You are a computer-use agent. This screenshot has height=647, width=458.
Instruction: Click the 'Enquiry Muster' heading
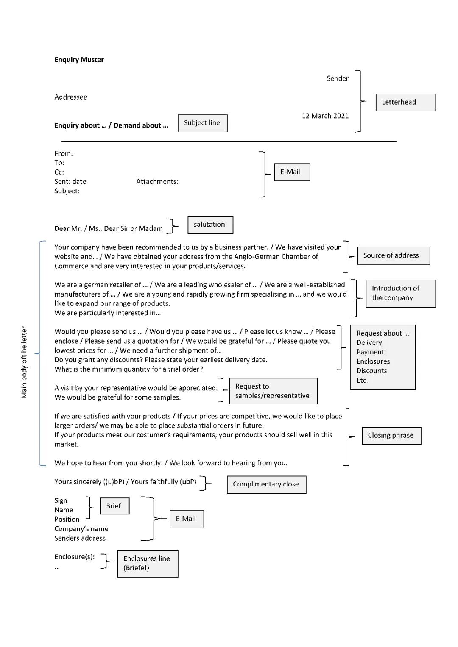pos(79,60)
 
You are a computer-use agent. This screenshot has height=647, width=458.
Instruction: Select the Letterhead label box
pos(405,103)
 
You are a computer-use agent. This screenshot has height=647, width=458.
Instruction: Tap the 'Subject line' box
pos(202,123)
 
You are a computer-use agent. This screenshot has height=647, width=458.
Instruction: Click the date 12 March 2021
pos(325,116)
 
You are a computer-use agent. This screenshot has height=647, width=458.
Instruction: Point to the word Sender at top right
pos(338,78)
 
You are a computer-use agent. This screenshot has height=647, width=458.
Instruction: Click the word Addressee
pos(71,97)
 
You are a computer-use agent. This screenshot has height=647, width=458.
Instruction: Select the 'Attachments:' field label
pos(157,182)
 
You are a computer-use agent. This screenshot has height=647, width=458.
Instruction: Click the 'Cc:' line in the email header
pos(59,172)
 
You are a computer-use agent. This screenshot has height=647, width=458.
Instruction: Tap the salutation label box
pos(210,225)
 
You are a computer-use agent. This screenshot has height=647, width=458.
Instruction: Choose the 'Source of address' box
pos(393,256)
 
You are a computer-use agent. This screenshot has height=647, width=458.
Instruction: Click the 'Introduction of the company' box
pos(400,293)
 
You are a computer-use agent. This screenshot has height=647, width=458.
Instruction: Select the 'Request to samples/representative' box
pos(273,391)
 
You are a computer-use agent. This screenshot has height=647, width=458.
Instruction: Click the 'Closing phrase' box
pos(391,436)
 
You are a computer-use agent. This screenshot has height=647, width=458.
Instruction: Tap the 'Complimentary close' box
pos(266,484)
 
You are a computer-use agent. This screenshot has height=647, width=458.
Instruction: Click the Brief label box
pos(114,506)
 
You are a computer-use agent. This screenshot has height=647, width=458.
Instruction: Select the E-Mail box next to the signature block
pos(187,519)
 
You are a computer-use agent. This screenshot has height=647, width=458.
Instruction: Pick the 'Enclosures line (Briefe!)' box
pos(148,564)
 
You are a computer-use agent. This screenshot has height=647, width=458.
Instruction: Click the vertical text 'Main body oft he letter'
pos(24,362)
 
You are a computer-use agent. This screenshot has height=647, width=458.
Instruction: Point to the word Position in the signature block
pos(67,519)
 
